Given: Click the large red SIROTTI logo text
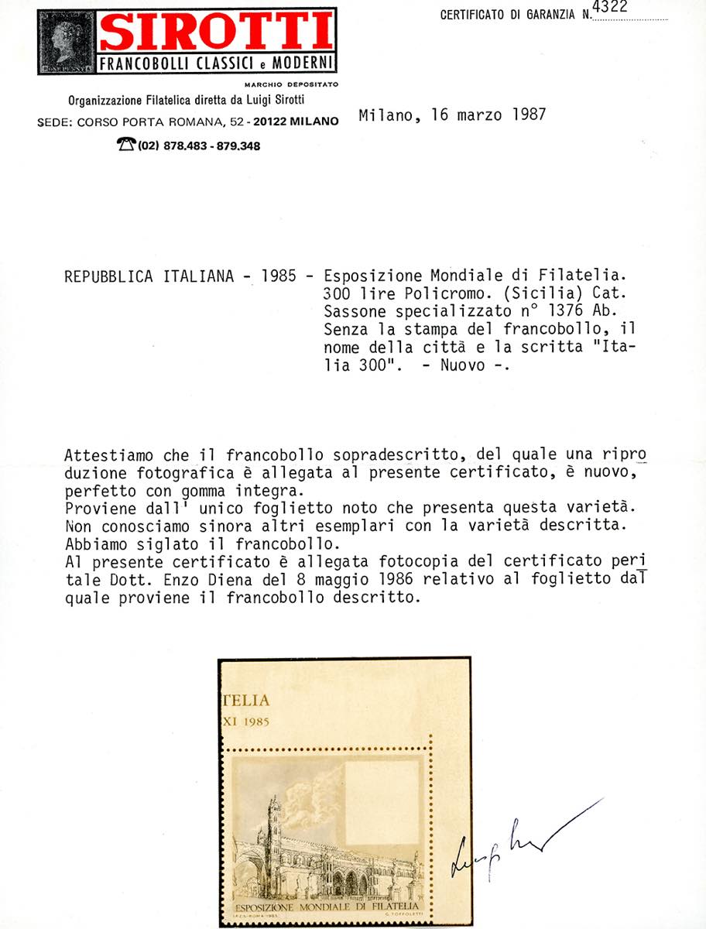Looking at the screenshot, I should tap(216, 33).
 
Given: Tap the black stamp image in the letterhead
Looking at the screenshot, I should tap(67, 43).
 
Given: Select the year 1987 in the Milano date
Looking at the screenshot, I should tap(529, 115).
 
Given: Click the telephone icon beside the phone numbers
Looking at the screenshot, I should tap(126, 145).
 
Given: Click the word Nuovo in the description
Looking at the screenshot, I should tap(461, 365).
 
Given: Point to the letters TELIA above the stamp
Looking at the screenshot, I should tap(246, 701).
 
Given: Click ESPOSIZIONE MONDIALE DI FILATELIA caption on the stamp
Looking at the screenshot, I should tap(325, 906).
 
